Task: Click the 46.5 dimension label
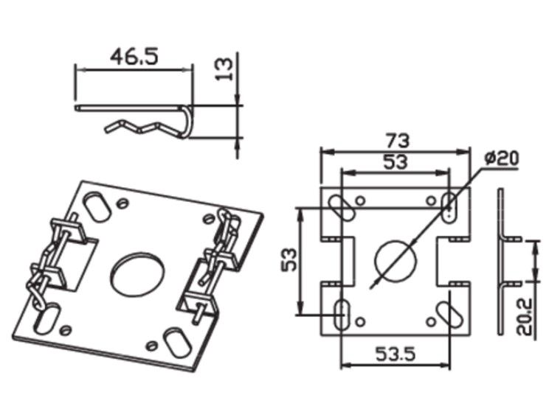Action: click(x=134, y=56)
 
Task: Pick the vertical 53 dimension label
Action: click(x=289, y=261)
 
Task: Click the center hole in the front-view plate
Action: click(x=396, y=259)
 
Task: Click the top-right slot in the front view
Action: click(x=449, y=205)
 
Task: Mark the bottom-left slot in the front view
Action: click(x=342, y=311)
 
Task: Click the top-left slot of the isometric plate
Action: click(x=94, y=204)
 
